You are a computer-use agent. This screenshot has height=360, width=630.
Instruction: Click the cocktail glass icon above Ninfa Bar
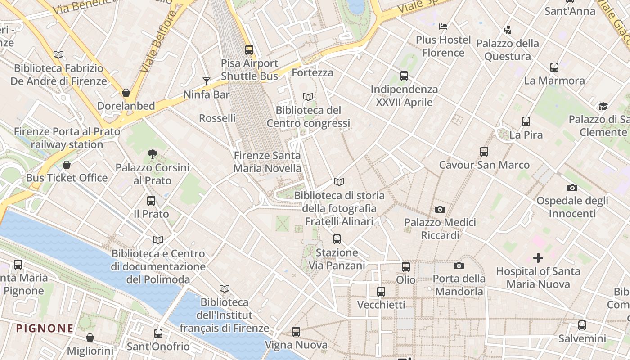click(x=207, y=81)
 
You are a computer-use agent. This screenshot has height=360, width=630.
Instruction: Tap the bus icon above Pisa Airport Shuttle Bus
click(x=249, y=49)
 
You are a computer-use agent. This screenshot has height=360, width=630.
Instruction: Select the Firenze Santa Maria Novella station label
click(x=267, y=162)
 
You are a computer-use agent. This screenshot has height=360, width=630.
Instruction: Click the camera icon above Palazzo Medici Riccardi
click(x=440, y=209)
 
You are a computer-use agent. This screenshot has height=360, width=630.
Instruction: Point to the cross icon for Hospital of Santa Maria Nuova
click(x=538, y=258)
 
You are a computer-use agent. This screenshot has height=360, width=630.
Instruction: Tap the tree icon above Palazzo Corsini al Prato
click(x=153, y=154)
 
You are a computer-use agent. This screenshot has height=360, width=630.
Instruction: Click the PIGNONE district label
click(x=45, y=328)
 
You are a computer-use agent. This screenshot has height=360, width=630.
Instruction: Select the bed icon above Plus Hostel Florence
click(x=443, y=26)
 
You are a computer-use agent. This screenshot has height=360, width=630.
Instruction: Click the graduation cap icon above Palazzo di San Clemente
click(x=603, y=106)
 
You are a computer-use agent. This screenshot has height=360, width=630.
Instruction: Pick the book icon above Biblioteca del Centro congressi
click(x=308, y=97)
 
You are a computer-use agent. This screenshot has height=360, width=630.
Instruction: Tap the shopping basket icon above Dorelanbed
click(x=126, y=93)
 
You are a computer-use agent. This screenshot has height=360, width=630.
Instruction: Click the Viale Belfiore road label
click(x=158, y=41)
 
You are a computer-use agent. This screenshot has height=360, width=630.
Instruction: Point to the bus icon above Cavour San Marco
click(x=484, y=152)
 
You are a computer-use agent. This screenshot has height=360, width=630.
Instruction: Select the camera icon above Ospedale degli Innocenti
click(x=572, y=188)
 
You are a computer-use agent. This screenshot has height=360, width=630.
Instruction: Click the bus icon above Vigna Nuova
click(x=296, y=332)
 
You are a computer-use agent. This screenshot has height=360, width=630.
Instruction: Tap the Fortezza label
click(x=313, y=72)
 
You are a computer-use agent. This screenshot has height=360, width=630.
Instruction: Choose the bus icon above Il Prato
click(x=151, y=201)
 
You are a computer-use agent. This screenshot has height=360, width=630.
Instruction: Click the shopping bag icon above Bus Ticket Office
click(x=67, y=165)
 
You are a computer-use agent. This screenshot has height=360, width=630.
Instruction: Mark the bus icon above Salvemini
click(x=582, y=325)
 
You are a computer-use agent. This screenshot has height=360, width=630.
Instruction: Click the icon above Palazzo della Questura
click(x=508, y=30)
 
